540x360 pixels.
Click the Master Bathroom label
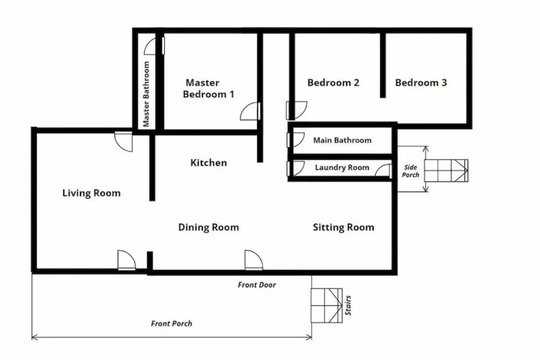(146, 94)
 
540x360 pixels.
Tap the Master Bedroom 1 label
(208, 88)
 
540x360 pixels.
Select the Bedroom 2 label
(333, 83)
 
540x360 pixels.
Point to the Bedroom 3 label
(421, 83)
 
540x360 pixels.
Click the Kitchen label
(208, 163)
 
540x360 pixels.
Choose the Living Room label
(91, 193)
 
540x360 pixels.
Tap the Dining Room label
(208, 228)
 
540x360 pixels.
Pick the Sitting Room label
(343, 228)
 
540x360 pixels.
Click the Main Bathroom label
(342, 140)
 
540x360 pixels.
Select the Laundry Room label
(342, 168)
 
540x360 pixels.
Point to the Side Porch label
(410, 171)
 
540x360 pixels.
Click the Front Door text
(257, 285)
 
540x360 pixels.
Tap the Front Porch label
(171, 323)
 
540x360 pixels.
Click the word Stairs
(348, 305)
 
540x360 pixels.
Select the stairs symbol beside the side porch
(446, 171)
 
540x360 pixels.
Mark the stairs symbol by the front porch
(327, 305)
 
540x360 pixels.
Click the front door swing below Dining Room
(254, 260)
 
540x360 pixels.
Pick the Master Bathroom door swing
(154, 46)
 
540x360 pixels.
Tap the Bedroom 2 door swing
(297, 110)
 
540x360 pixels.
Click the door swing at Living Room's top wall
(123, 142)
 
